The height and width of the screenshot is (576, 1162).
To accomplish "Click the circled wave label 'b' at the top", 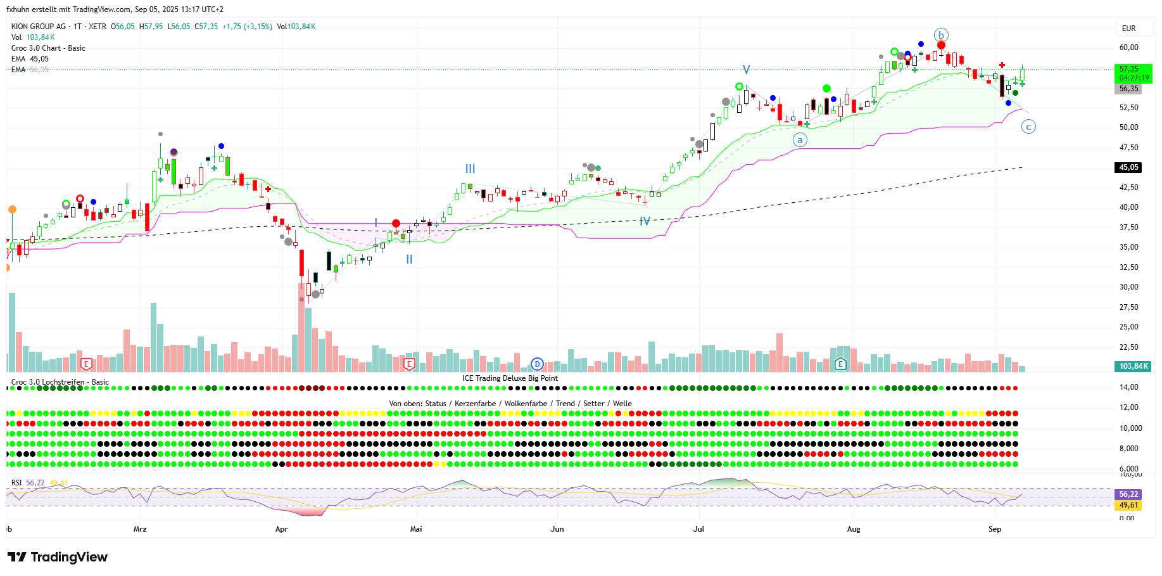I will (x=941, y=35).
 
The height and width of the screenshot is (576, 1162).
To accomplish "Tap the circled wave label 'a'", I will (x=800, y=140).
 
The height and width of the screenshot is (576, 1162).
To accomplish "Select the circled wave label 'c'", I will (x=1028, y=127).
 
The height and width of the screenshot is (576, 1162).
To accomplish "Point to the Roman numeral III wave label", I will (x=470, y=169).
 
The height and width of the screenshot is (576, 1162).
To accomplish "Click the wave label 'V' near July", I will (x=747, y=70).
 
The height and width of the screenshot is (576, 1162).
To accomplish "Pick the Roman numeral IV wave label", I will (x=645, y=221).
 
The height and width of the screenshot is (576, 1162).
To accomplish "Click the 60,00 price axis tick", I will (x=1128, y=48).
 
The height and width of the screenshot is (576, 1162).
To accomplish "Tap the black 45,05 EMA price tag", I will (x=1128, y=167).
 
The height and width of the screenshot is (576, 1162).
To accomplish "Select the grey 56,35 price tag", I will (x=1128, y=89).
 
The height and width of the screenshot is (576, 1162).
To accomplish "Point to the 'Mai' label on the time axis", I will (x=416, y=529).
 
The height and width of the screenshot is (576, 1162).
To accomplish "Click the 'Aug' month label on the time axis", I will (x=854, y=529).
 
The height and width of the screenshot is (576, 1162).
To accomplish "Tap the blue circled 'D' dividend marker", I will (x=537, y=364).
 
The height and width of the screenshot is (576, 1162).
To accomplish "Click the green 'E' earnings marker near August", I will (x=840, y=364).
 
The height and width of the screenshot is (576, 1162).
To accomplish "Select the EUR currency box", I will (x=1128, y=29).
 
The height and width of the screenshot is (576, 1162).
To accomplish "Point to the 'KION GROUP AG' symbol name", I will (x=39, y=27).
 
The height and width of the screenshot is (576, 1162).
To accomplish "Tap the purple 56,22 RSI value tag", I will (x=1128, y=494).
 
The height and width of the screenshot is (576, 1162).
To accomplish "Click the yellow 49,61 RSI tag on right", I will (x=1128, y=505).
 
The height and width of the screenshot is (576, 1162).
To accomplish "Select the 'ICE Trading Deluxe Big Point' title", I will (x=510, y=378).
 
